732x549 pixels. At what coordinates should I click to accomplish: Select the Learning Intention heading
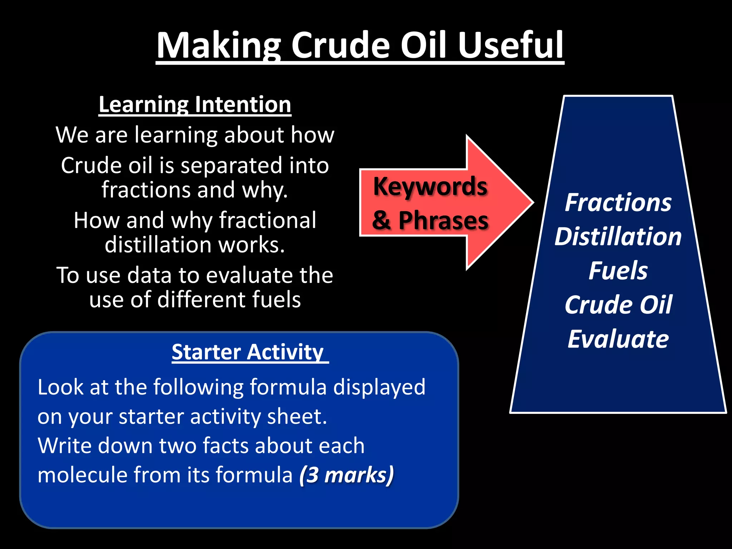pyautogui.click(x=195, y=105)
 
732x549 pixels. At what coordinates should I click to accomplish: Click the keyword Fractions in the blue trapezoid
pyautogui.click(x=618, y=203)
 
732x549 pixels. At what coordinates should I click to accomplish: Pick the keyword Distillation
pyautogui.click(x=618, y=237)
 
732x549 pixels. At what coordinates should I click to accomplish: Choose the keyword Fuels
pyautogui.click(x=618, y=271)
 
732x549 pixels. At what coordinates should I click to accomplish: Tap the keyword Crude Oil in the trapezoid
pyautogui.click(x=618, y=305)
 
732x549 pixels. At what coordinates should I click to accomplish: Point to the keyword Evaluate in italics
pyautogui.click(x=618, y=339)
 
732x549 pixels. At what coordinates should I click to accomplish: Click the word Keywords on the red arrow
pyautogui.click(x=430, y=187)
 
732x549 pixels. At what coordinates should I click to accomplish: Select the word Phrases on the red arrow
pyautogui.click(x=443, y=221)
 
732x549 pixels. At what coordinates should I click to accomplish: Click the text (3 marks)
pyautogui.click(x=346, y=475)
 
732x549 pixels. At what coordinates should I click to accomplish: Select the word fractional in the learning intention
pyautogui.click(x=267, y=220)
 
